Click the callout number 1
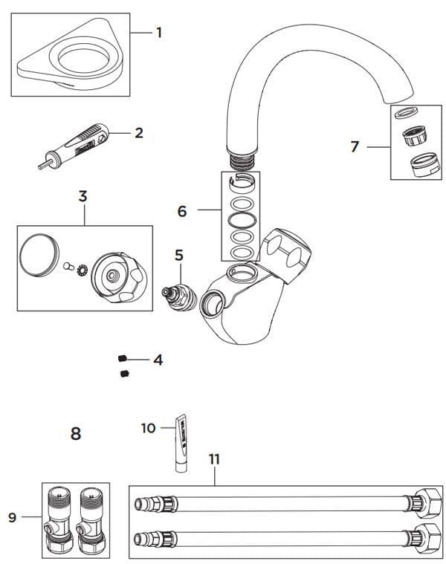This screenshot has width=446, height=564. click(158, 32)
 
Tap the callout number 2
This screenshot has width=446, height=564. click(138, 133)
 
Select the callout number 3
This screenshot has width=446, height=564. click(83, 196)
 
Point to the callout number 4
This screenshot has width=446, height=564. click(158, 360)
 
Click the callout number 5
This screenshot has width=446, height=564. click(178, 255)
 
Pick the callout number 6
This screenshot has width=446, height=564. click(182, 211)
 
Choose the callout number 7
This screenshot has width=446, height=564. click(355, 146)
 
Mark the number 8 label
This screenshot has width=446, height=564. click(75, 433)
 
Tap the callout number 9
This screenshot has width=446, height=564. click(12, 517)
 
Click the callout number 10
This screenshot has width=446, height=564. click(148, 428)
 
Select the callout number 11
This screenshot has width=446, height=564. click(214, 459)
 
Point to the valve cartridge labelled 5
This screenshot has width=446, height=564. click(178, 292)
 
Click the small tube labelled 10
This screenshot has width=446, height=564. click(181, 443)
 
